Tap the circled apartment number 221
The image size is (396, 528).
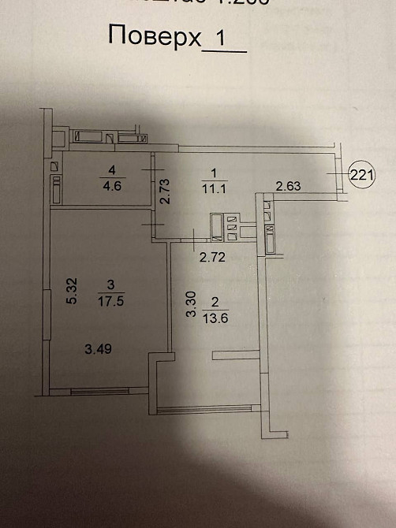click(361, 175)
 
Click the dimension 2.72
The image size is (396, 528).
click(209, 256)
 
